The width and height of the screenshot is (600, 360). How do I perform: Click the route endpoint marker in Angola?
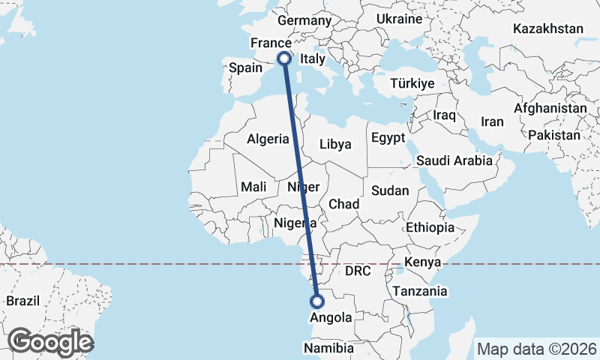(x=316, y=301)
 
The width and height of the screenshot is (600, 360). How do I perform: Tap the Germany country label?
(x=304, y=21)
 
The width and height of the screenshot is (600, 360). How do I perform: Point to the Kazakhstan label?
(x=548, y=29)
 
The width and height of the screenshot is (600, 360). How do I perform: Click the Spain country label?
(x=245, y=68)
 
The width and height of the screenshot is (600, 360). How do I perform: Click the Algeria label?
(x=268, y=139)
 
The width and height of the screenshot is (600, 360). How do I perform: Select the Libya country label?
(x=335, y=145)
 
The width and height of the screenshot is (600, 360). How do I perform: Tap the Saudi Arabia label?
(x=454, y=160)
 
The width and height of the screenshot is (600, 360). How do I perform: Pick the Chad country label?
(x=343, y=204)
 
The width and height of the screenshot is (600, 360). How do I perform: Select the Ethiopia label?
(x=430, y=227)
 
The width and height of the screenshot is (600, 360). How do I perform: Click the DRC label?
(x=358, y=271)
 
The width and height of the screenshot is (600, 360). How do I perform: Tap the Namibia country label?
(x=328, y=349)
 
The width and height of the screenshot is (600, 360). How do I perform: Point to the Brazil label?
(x=22, y=301)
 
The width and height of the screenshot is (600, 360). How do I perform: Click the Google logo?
(x=51, y=342)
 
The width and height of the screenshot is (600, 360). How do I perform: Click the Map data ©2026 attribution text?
(x=537, y=349)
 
